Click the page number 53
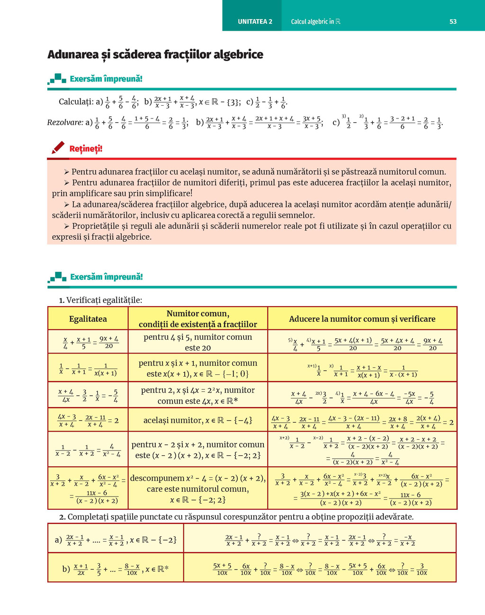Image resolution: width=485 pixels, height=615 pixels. click(x=453, y=21)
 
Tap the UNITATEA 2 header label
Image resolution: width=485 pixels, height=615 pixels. click(x=255, y=21)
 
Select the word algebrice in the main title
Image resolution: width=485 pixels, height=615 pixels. click(x=238, y=54)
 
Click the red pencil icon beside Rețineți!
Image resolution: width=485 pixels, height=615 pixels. click(x=58, y=148)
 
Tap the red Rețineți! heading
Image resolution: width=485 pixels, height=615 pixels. click(x=86, y=149)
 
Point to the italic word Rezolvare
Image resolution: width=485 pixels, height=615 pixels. click(x=65, y=122)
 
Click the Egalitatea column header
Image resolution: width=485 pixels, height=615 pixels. click(x=88, y=319)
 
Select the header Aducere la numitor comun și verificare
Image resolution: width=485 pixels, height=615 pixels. click(x=362, y=319)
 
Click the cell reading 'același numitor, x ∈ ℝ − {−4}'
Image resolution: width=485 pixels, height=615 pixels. click(x=198, y=420)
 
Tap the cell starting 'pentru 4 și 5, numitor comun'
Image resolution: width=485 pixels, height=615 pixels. click(x=198, y=342)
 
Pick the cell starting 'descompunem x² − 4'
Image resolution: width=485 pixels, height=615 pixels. click(x=198, y=488)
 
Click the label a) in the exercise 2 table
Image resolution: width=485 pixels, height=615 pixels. click(x=58, y=540)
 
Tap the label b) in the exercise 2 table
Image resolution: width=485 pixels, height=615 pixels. click(x=66, y=569)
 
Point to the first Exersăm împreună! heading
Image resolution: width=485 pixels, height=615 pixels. click(x=106, y=79)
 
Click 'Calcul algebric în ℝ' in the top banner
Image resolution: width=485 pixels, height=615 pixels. click(x=315, y=21)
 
